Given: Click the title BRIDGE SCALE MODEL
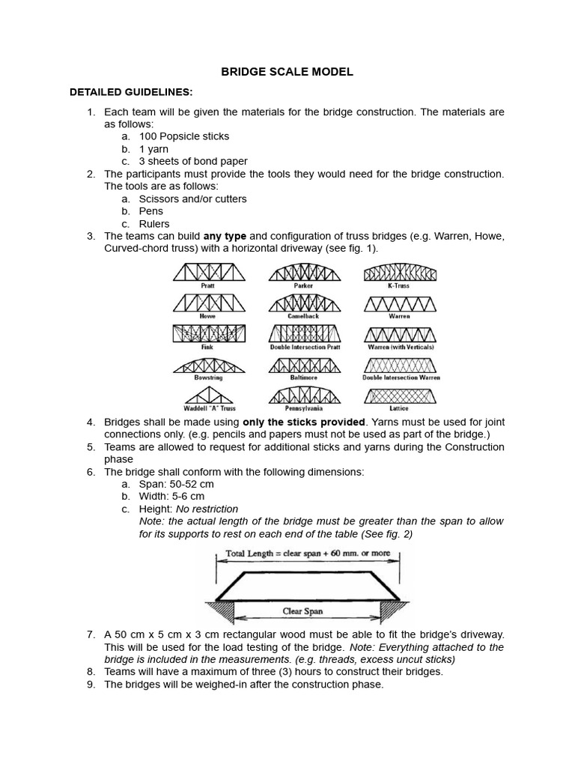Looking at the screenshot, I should coord(287,72).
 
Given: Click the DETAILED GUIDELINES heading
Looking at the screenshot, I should coord(131,92).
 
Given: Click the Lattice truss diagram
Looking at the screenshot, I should coord(399,395).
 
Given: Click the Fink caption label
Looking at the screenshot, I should coord(207,348).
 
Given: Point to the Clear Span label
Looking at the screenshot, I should coord(302,611).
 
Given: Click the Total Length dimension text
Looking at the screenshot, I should coord(308,555).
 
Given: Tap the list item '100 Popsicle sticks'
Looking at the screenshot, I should coord(184,136).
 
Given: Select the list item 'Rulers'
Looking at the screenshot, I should coord(154,223).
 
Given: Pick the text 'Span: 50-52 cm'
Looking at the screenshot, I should coord(176,484).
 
